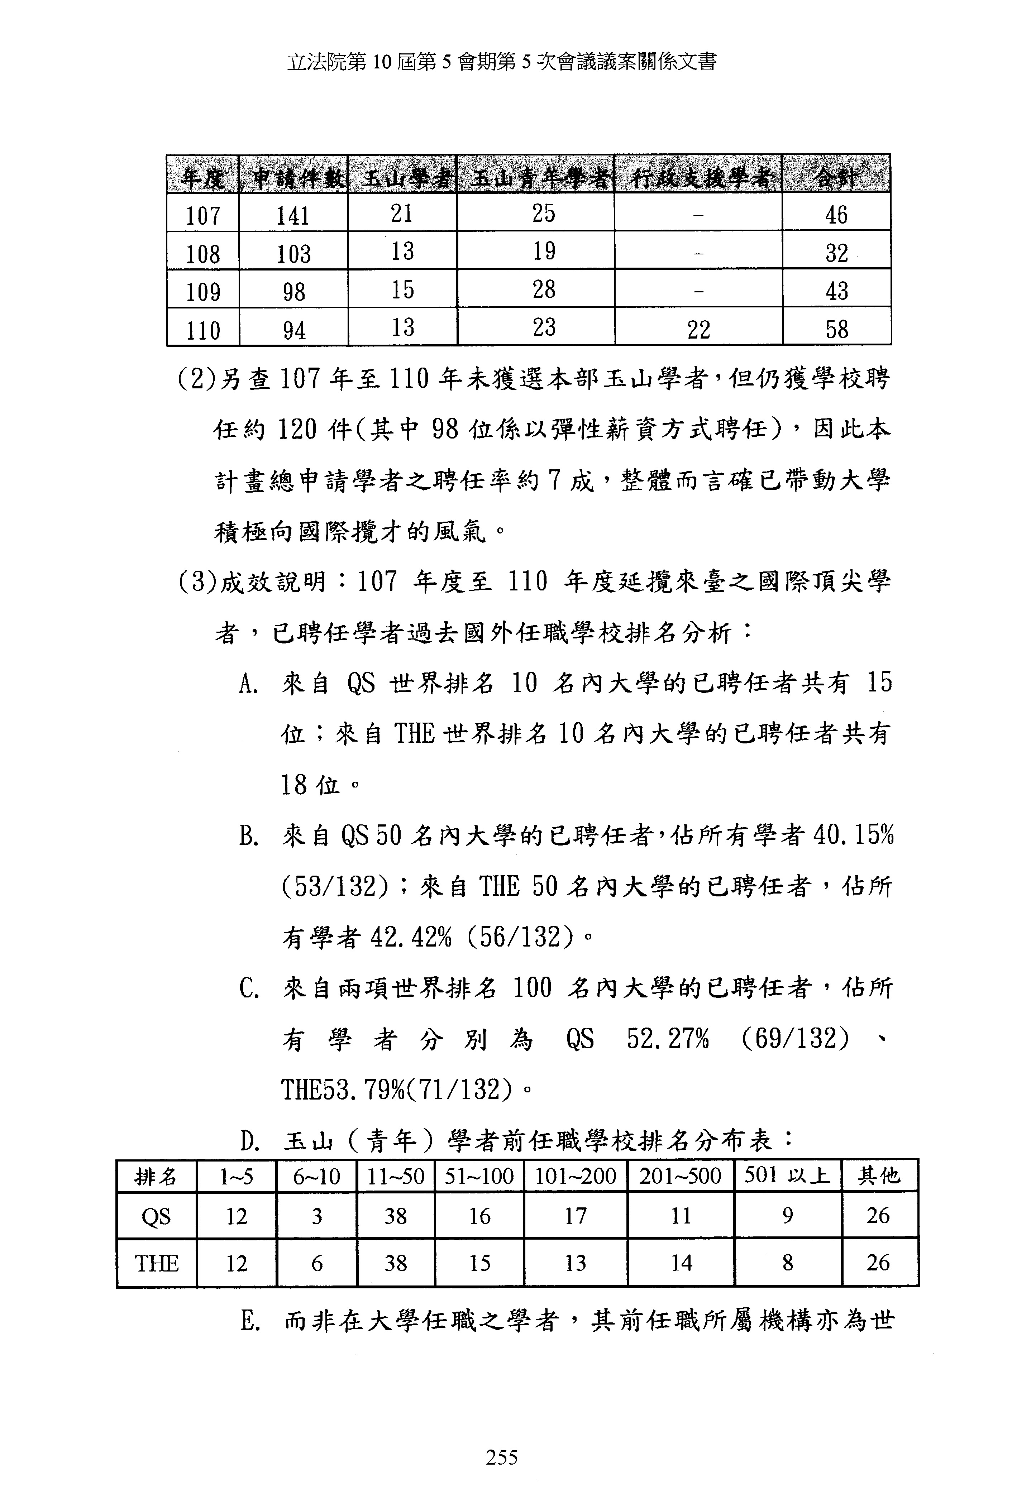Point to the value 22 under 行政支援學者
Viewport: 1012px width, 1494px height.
[x=698, y=330]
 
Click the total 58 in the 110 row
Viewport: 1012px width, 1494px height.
[x=836, y=330]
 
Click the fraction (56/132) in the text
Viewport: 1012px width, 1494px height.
[x=517, y=937]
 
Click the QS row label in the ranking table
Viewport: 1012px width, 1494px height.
[x=156, y=1216]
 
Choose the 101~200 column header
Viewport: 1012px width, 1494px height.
[x=576, y=1177]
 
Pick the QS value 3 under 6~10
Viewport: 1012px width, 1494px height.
[x=316, y=1216]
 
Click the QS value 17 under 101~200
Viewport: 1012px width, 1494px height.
[x=576, y=1216]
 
